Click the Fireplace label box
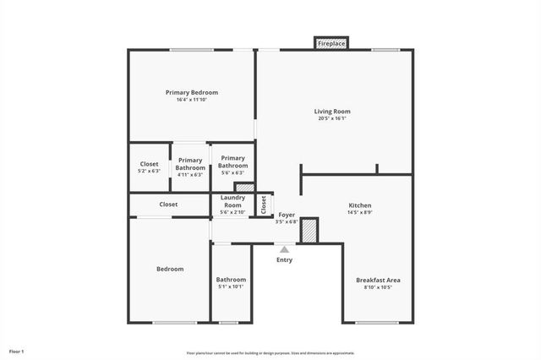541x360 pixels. click(x=331, y=43)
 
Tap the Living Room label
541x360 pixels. click(x=332, y=111)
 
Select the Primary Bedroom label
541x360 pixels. click(x=192, y=92)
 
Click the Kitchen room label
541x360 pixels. click(x=360, y=205)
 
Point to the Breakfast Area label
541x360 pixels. click(x=378, y=280)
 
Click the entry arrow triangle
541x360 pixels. click(x=285, y=249)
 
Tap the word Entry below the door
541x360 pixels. click(x=285, y=259)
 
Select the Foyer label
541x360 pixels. click(x=287, y=215)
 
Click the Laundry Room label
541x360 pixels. click(x=233, y=201)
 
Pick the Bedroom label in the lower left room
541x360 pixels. click(x=170, y=269)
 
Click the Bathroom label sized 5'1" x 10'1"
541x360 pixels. click(x=231, y=280)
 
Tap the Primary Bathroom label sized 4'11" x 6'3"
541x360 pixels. click(x=190, y=164)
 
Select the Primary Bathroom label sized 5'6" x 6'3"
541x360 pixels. click(x=232, y=161)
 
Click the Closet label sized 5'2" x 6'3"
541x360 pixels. click(x=149, y=164)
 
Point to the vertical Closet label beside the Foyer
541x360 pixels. click(x=264, y=204)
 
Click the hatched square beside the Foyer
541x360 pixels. click(x=310, y=231)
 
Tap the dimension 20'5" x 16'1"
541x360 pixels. click(x=332, y=118)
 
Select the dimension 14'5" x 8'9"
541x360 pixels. click(x=360, y=213)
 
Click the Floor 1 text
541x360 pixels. click(x=17, y=351)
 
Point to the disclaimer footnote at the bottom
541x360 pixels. click(x=270, y=353)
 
